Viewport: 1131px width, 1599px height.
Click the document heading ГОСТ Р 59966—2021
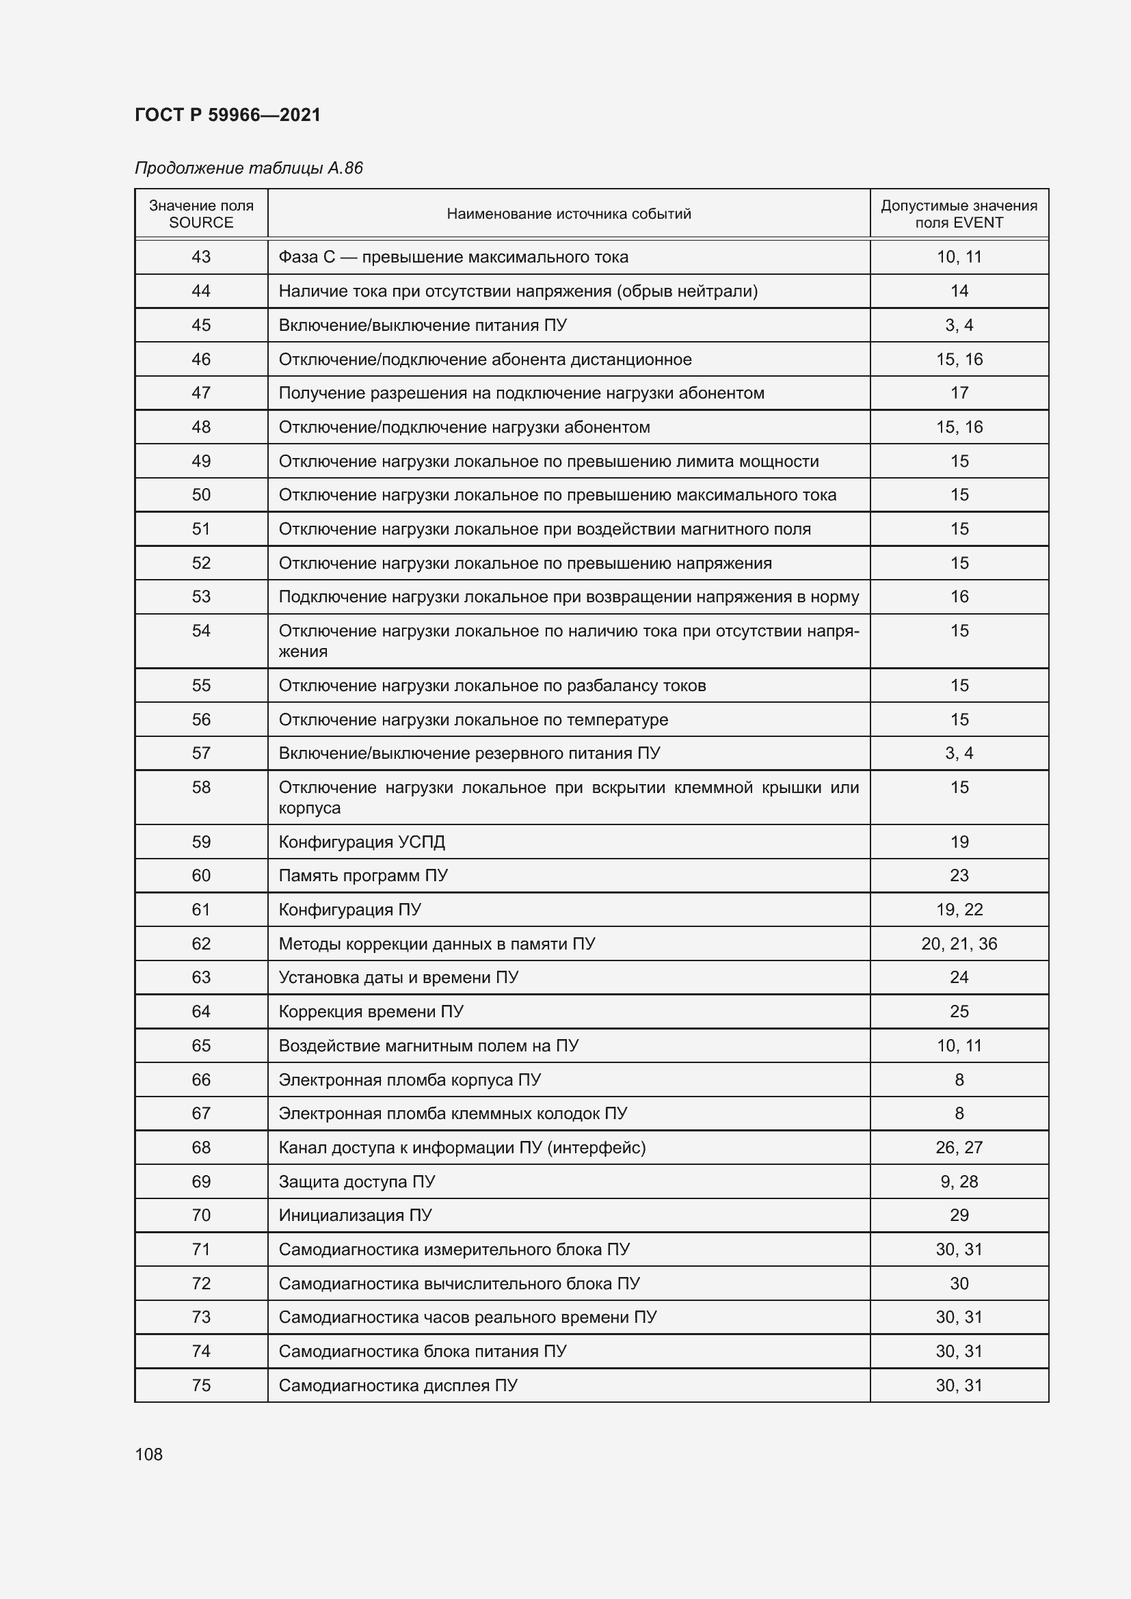coord(228,115)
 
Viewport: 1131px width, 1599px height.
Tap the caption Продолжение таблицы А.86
coord(249,169)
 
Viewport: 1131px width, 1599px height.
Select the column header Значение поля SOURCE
coord(201,214)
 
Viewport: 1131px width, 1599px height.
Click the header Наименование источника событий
coord(568,214)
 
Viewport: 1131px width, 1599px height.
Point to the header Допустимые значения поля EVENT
coord(958,214)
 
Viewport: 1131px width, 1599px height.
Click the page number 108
coord(148,1454)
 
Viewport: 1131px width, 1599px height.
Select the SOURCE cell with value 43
coord(201,257)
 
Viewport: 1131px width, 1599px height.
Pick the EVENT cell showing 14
coord(959,291)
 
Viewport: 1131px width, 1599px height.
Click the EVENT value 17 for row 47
coord(959,393)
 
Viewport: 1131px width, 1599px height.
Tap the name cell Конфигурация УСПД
coord(362,842)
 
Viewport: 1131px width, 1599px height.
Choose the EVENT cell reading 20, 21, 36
coord(959,943)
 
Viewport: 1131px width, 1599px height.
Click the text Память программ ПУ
coord(363,876)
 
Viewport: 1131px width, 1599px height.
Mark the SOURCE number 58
coord(201,788)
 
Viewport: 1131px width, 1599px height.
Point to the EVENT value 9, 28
coord(959,1182)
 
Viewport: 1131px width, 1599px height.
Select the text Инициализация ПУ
coord(355,1215)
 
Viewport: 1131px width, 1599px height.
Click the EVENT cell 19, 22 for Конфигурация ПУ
coord(959,909)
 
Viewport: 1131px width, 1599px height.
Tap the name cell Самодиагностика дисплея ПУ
coord(398,1385)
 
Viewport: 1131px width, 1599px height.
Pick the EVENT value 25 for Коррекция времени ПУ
coord(959,1011)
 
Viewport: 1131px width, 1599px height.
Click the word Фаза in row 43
coord(297,257)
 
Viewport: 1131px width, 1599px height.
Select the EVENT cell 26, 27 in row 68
coord(959,1147)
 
